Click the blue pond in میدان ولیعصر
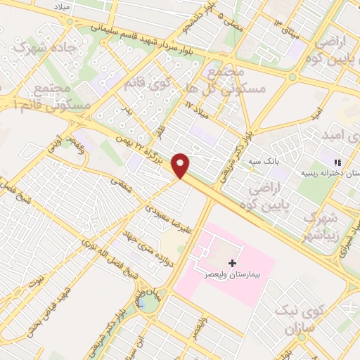coord(143,304)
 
